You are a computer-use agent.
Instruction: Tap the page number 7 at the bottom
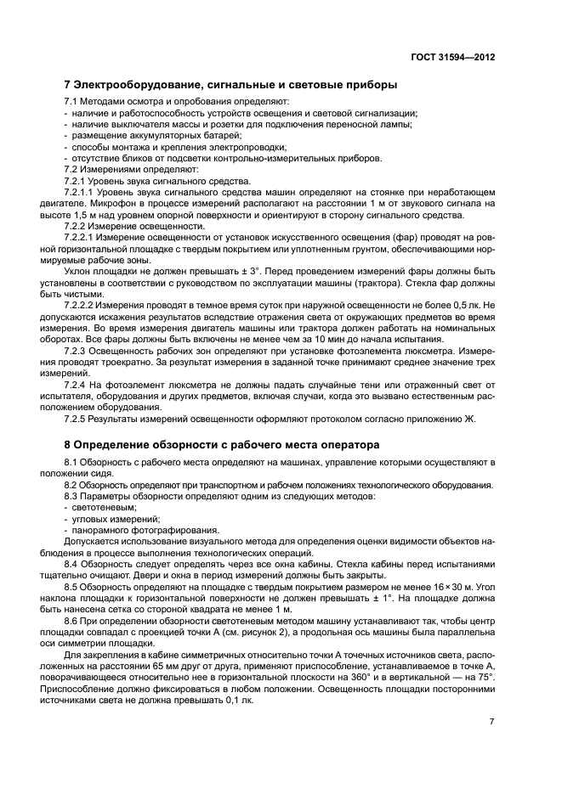492,720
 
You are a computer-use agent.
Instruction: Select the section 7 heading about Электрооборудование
231,84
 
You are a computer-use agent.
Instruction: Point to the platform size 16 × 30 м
444,586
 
